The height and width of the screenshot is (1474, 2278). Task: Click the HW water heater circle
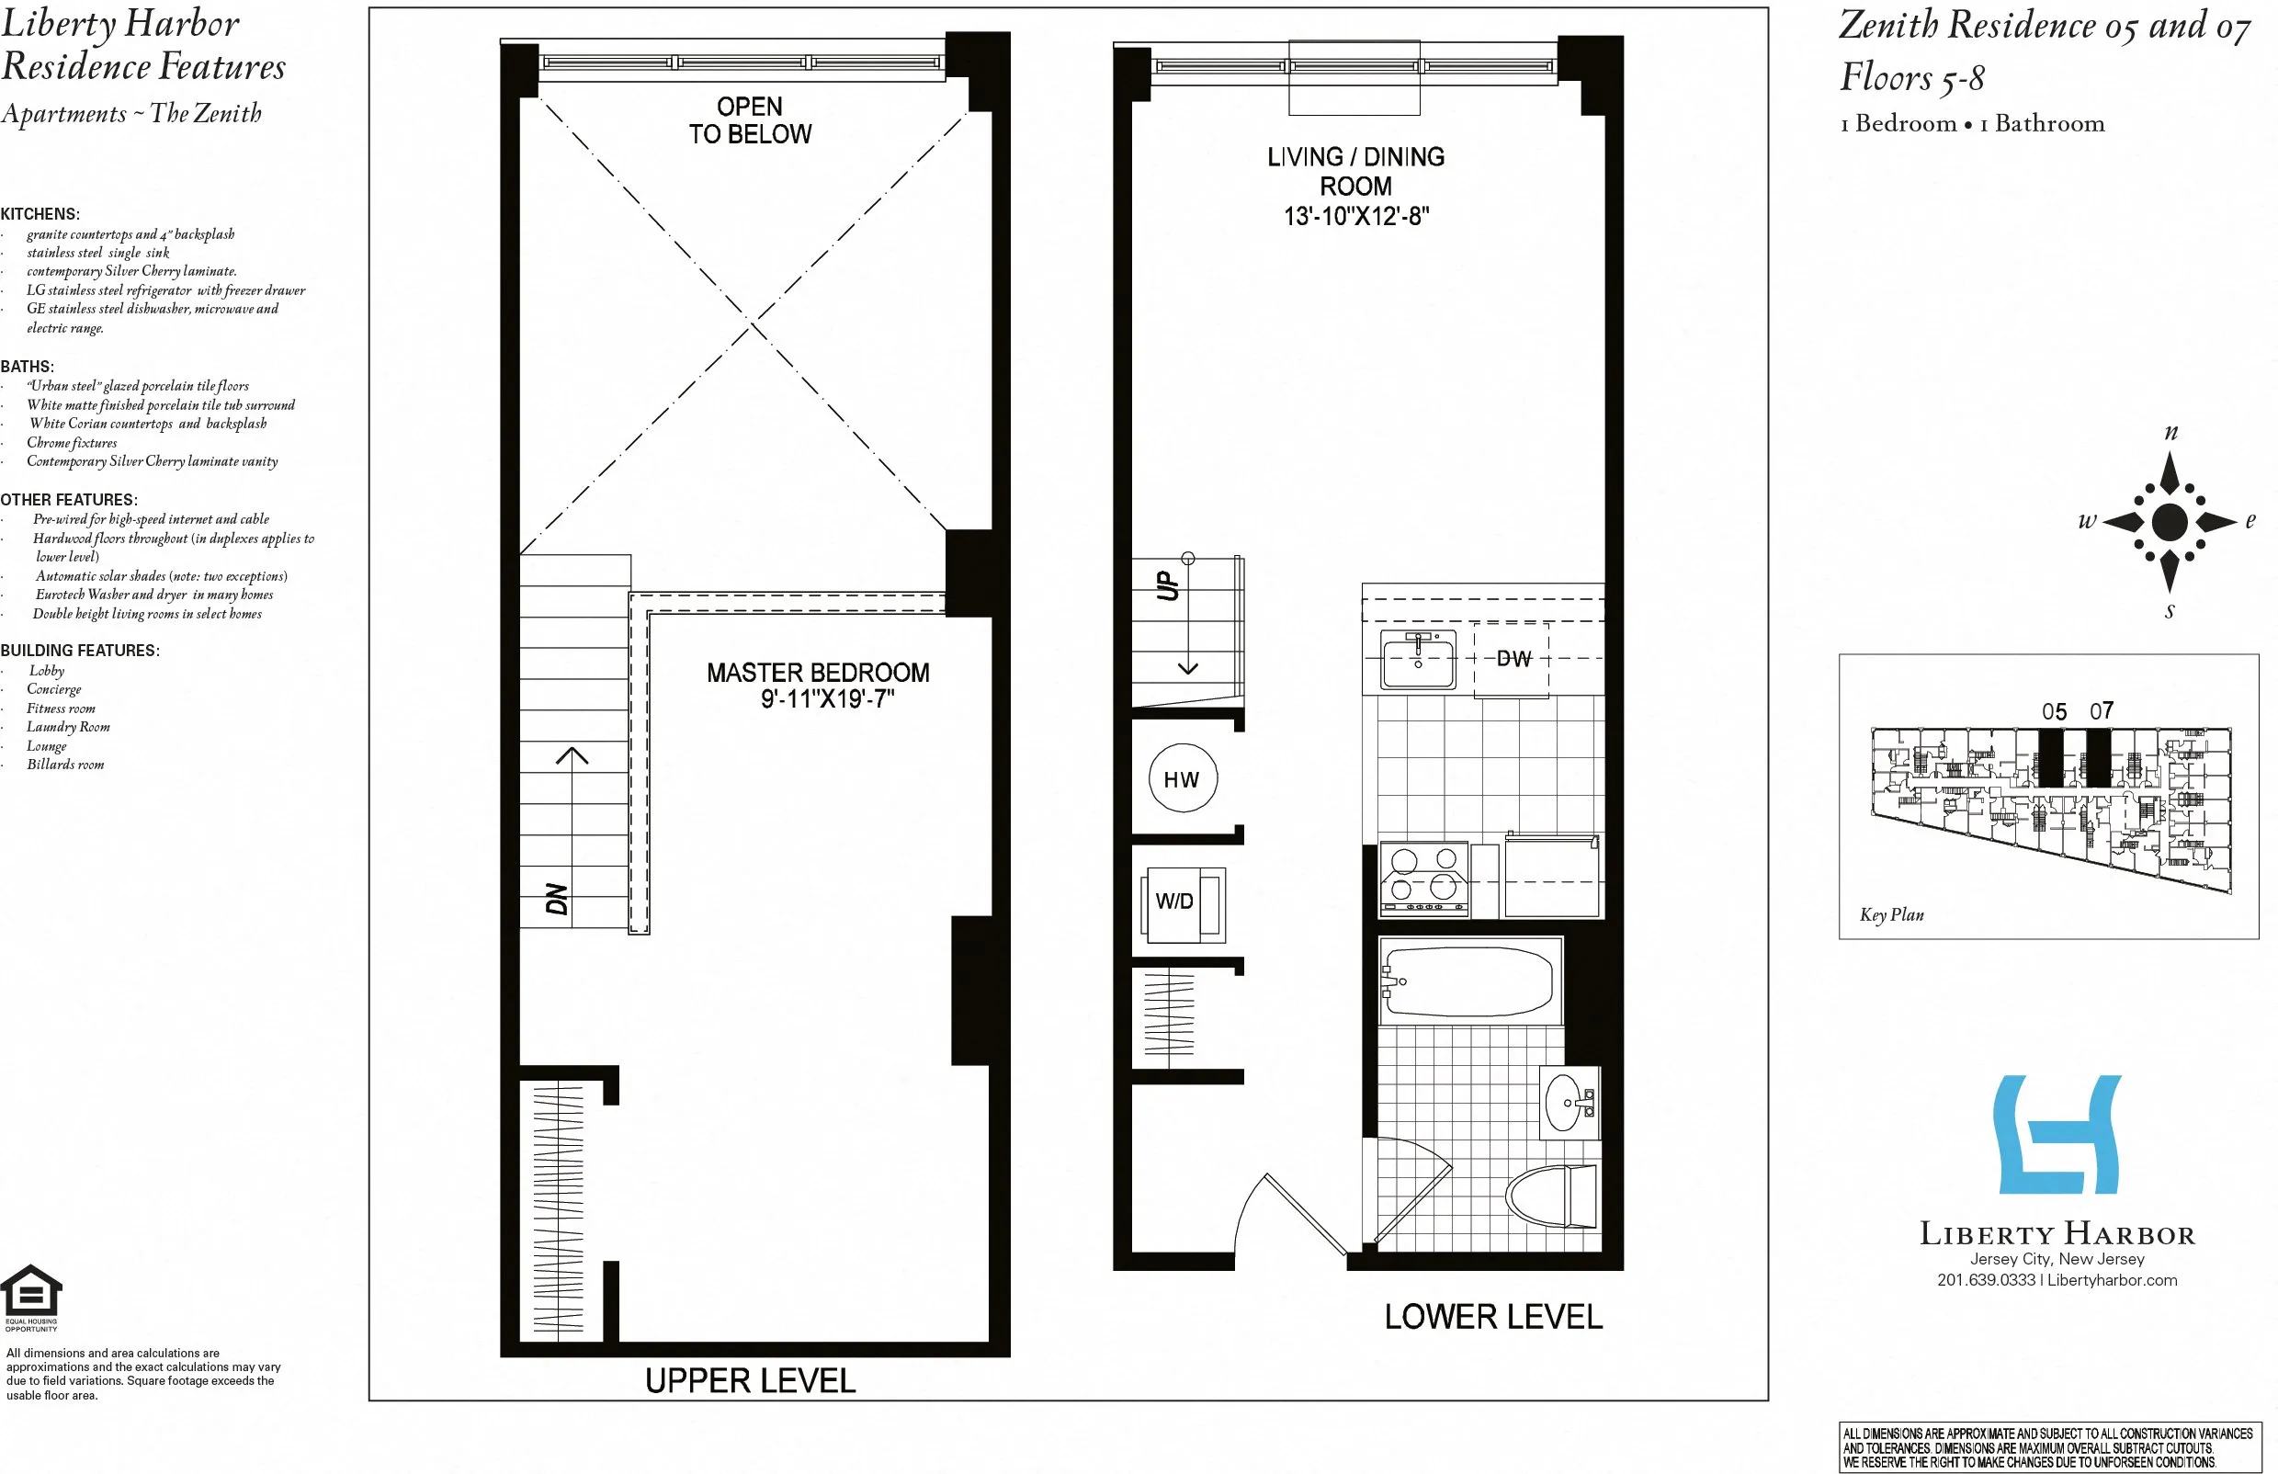point(1182,779)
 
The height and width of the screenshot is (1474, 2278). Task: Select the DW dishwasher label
point(1513,659)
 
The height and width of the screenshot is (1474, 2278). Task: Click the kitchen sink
point(1418,660)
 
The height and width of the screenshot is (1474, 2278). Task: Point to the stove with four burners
point(1423,879)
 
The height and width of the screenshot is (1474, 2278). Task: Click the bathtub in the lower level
point(1468,981)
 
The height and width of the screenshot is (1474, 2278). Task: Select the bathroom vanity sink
point(1567,1103)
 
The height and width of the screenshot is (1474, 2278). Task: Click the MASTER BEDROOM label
point(818,673)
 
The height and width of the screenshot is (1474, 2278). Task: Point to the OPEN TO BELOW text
point(750,120)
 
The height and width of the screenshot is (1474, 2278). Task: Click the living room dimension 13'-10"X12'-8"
point(1355,216)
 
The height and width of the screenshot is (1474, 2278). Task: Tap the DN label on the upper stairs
point(556,899)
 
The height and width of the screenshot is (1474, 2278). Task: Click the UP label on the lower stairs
point(1168,584)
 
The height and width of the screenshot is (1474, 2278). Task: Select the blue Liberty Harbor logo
point(2057,1135)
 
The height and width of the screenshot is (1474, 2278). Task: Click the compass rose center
point(2169,522)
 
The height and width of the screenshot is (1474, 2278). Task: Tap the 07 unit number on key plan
point(2101,711)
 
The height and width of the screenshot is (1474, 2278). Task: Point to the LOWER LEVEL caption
point(1492,1317)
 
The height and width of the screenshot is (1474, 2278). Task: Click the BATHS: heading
point(27,367)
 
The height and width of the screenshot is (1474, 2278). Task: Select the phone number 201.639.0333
point(1985,1281)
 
